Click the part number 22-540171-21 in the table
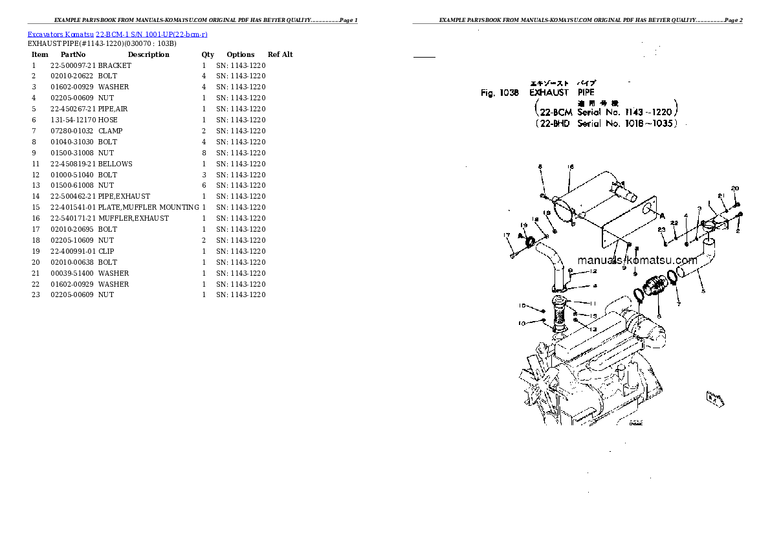72,218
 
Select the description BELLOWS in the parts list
115,164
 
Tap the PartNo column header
73,54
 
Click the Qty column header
208,54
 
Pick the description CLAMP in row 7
110,131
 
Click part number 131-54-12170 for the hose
72,120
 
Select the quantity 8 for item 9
204,153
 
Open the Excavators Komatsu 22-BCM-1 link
117,34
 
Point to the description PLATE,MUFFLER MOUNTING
149,207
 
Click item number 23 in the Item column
36,295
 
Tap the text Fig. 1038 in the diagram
500,93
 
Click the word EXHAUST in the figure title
549,93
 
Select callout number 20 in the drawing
734,188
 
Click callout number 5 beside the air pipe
703,292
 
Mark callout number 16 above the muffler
570,167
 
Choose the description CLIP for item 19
106,251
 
